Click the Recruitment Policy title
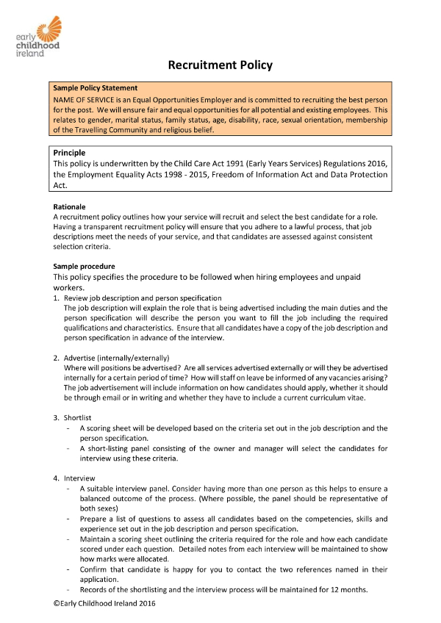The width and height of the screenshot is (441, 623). (220, 65)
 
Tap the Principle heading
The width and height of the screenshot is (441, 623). (70, 153)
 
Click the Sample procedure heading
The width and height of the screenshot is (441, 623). (85, 265)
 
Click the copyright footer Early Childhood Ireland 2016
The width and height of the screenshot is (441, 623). (105, 603)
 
